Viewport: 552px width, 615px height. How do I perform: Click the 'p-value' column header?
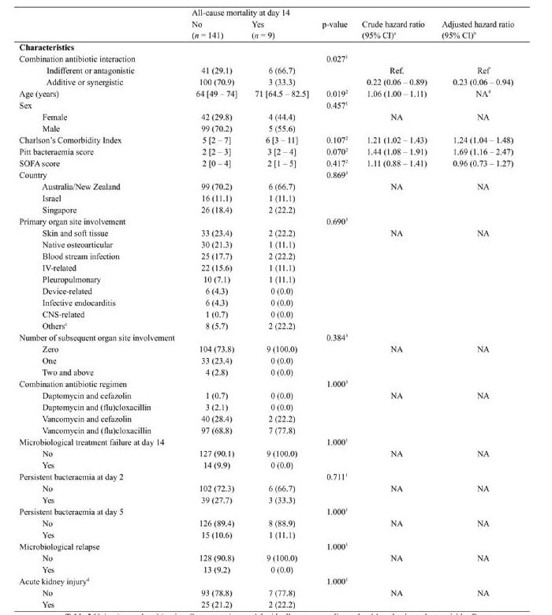pos(334,24)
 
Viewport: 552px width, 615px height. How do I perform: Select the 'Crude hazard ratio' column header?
pos(393,24)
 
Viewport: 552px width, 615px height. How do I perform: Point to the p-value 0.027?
pos(336,60)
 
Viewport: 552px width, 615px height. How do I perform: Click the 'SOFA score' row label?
pos(40,164)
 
